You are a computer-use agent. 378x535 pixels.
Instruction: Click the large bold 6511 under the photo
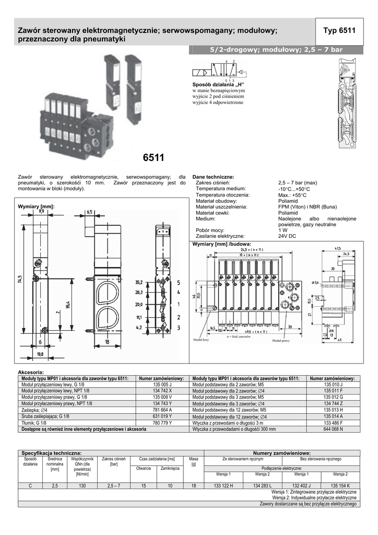153,158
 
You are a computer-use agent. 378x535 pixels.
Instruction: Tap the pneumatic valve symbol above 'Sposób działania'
217,72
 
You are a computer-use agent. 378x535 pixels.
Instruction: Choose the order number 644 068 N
333,429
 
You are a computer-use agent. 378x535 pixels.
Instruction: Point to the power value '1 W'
283,230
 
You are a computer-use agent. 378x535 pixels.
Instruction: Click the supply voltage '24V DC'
287,236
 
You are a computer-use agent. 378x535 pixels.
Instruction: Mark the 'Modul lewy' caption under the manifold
201,340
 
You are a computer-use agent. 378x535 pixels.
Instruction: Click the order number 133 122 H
223,485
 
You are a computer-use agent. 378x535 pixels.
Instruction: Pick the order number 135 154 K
340,485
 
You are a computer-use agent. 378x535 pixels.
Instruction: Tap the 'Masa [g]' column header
194,461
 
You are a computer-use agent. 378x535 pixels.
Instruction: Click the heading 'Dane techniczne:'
214,177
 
